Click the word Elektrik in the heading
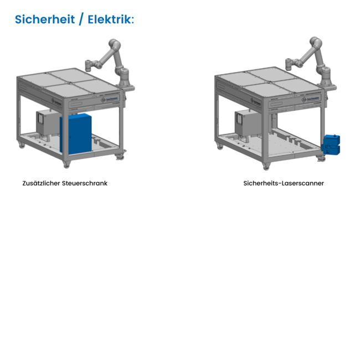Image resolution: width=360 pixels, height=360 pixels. pos(111,19)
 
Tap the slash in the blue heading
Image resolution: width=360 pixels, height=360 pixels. pos(81,19)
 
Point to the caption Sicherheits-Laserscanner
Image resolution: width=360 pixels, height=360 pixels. pos(284,183)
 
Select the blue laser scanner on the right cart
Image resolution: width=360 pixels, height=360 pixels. pos(331,143)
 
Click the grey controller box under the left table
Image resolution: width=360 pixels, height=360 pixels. pos(48,123)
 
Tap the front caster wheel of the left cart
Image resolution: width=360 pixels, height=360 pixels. pos(66,164)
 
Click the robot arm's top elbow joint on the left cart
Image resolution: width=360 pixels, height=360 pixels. pos(115,43)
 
